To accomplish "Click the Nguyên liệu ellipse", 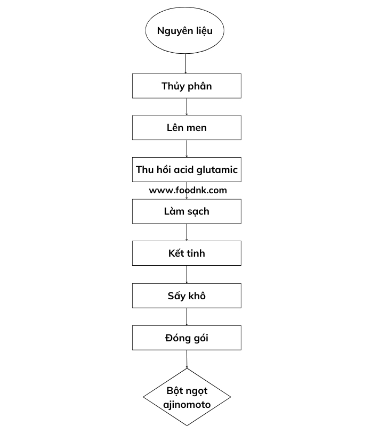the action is (184, 30).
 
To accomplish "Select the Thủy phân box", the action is (187, 86).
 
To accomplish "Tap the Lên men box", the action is (187, 128).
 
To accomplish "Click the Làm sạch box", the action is (187, 211).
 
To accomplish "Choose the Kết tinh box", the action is (187, 253).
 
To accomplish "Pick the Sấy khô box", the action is (187, 296).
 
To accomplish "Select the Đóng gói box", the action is (187, 338).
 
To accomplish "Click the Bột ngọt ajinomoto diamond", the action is (187, 397).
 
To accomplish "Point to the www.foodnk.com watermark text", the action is (188, 190).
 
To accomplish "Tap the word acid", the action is (184, 169).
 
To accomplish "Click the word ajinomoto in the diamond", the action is (187, 405).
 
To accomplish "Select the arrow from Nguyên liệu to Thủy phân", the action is (186, 63).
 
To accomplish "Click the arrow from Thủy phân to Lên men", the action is (187, 107).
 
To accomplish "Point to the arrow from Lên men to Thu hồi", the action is (187, 149).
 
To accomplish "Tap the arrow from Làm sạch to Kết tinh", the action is (187, 232).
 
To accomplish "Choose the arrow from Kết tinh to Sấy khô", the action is (187, 274).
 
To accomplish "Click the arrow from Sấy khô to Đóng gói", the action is (187, 317).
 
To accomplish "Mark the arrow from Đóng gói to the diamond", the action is (187, 359).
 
